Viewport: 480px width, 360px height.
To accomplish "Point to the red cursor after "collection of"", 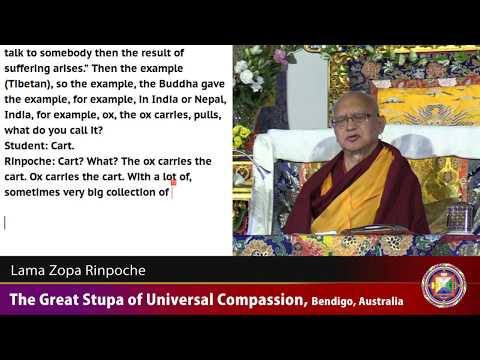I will tap(173, 192).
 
